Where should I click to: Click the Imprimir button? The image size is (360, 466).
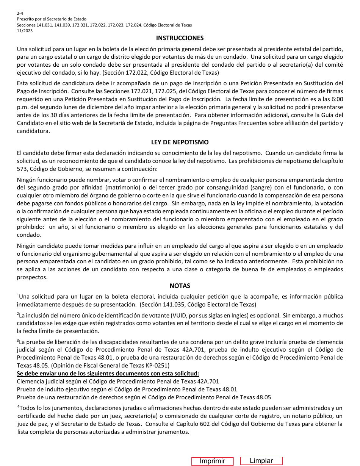(212, 461)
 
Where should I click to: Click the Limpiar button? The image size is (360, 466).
(261, 461)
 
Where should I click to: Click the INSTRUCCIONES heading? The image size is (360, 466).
(180, 38)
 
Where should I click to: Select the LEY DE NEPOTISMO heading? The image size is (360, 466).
(180, 142)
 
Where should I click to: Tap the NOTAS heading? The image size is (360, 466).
(180, 286)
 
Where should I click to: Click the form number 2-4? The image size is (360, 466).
(20, 13)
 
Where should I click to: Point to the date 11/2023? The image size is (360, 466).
(25, 31)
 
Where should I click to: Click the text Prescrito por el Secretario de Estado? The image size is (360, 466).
(52, 19)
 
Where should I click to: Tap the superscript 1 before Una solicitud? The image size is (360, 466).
(18, 295)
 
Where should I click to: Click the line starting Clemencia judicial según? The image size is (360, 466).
(118, 382)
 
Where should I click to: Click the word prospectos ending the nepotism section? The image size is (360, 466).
(32, 277)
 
